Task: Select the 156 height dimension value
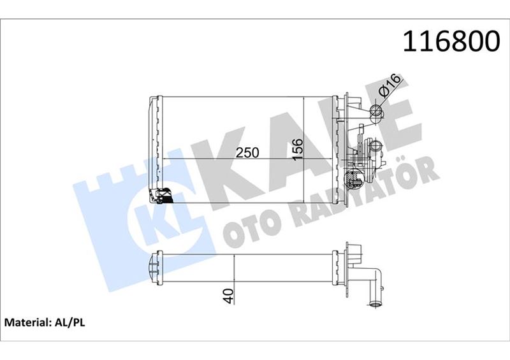(x=298, y=150)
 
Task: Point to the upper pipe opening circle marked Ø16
(x=376, y=114)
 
